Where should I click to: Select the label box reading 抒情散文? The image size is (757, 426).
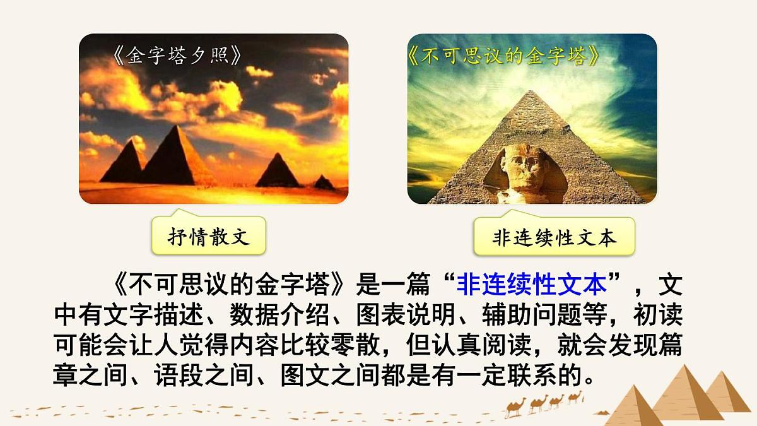point(208,237)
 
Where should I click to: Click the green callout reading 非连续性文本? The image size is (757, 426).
point(554,239)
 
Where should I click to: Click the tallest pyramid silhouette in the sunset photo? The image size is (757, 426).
point(173,158)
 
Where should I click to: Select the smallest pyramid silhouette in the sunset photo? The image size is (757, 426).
point(324,183)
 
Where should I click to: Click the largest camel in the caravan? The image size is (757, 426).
point(516,408)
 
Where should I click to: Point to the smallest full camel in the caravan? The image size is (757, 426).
point(574,397)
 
